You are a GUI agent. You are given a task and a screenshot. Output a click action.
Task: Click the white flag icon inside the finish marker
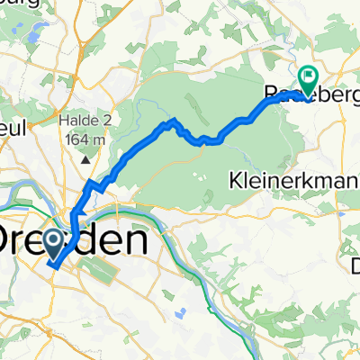310,79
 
